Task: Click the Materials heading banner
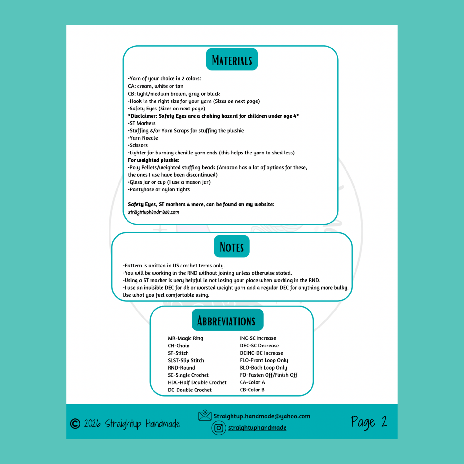(x=232, y=60)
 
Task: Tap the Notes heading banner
(x=232, y=246)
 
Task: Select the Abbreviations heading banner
(x=227, y=320)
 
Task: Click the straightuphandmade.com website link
(x=153, y=212)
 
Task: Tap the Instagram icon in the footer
(x=219, y=428)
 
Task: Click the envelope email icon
(x=205, y=416)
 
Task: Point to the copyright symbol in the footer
(x=75, y=424)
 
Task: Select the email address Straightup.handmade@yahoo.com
(x=262, y=416)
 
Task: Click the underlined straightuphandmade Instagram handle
(x=257, y=428)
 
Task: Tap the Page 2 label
(x=369, y=422)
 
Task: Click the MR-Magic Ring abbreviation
(x=185, y=338)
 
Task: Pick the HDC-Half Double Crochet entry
(x=197, y=382)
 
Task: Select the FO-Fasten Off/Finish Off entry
(x=268, y=375)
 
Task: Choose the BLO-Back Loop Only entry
(x=263, y=368)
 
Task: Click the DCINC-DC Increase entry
(x=261, y=353)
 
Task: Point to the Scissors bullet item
(x=138, y=145)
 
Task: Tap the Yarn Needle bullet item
(x=143, y=138)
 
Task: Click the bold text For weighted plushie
(x=153, y=160)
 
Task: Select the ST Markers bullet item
(x=142, y=123)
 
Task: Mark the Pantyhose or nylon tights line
(x=159, y=189)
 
